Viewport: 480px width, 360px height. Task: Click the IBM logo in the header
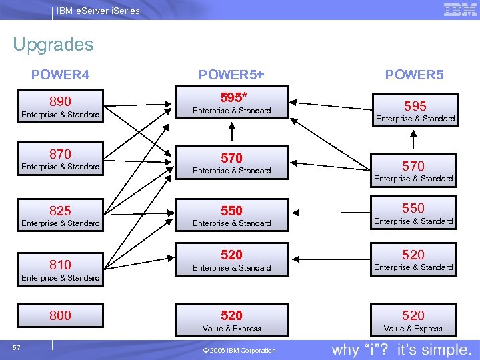[459, 10]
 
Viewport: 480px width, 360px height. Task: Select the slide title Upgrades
[53, 45]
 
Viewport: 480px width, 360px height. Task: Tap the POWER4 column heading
[60, 75]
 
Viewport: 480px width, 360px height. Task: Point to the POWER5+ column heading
[231, 75]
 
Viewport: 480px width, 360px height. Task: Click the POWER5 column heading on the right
[414, 75]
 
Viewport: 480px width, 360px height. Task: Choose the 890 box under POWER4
[60, 106]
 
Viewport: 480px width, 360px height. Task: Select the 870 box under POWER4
[60, 159]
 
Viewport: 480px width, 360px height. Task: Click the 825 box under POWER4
[60, 215]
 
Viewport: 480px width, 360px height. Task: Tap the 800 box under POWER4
[60, 315]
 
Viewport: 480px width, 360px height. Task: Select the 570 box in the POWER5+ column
[231, 163]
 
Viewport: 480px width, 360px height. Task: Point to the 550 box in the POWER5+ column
[231, 215]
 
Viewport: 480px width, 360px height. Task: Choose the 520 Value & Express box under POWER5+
[231, 319]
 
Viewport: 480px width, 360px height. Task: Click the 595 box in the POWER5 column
[413, 110]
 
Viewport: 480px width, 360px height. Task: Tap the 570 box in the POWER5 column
[413, 170]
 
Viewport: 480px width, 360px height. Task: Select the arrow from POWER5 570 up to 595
[414, 140]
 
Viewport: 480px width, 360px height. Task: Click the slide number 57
[16, 347]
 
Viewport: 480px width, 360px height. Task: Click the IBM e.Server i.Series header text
[98, 11]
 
